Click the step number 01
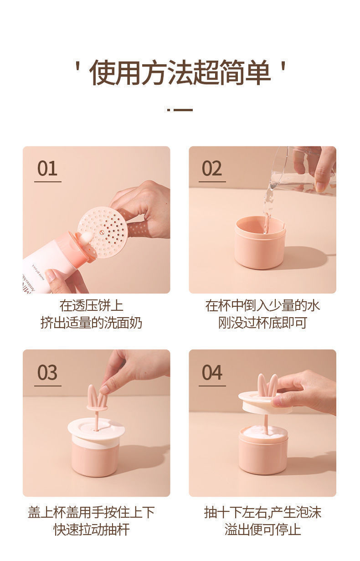(47, 168)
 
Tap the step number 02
(212, 168)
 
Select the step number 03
(47, 373)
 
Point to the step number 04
(212, 373)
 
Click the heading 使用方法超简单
(180, 72)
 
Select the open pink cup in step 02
(259, 242)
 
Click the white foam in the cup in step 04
(263, 432)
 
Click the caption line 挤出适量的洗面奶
(92, 323)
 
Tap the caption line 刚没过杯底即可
(262, 323)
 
